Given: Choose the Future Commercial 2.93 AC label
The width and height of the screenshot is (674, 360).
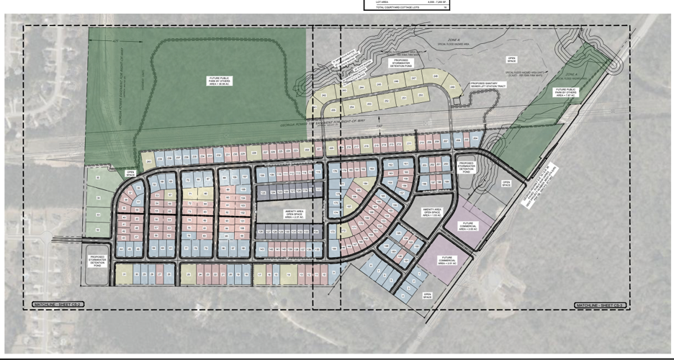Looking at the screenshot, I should click(468, 227).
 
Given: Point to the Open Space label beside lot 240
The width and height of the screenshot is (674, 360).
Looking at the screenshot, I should click(511, 60).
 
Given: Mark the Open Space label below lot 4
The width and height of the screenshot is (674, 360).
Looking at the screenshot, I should click(427, 295).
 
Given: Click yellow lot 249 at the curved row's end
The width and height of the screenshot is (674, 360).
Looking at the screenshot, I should click(314, 113).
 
